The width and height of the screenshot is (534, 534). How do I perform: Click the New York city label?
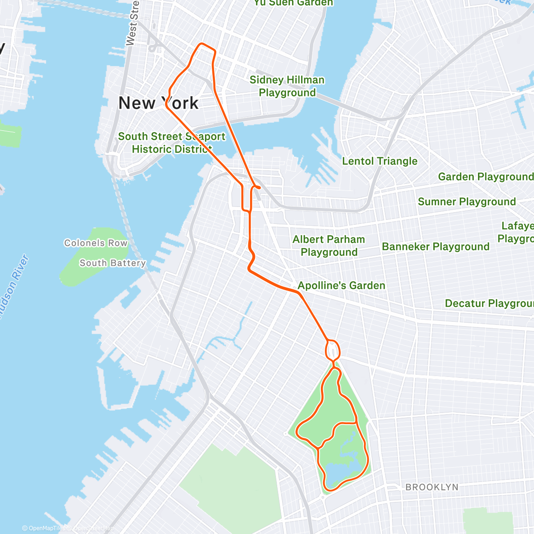[158, 103]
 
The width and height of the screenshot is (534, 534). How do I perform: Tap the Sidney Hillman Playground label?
[287, 86]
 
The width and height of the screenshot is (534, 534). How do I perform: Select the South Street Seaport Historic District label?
[172, 143]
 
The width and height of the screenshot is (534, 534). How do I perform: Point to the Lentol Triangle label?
[380, 161]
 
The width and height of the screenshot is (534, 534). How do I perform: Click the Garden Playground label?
[485, 177]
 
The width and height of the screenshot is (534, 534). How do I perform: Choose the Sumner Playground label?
[467, 202]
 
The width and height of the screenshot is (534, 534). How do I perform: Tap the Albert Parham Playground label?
[329, 246]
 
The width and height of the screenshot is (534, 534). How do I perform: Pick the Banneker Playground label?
[435, 247]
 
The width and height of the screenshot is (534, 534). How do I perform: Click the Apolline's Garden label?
[341, 285]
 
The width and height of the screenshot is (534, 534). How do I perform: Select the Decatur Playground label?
[489, 303]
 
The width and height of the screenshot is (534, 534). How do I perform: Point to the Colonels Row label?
[96, 243]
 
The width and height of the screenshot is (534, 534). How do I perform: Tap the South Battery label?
[113, 263]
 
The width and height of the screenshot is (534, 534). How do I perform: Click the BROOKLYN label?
[432, 487]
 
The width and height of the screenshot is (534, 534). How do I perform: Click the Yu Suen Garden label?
[293, 3]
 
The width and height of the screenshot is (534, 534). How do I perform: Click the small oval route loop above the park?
[333, 350]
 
